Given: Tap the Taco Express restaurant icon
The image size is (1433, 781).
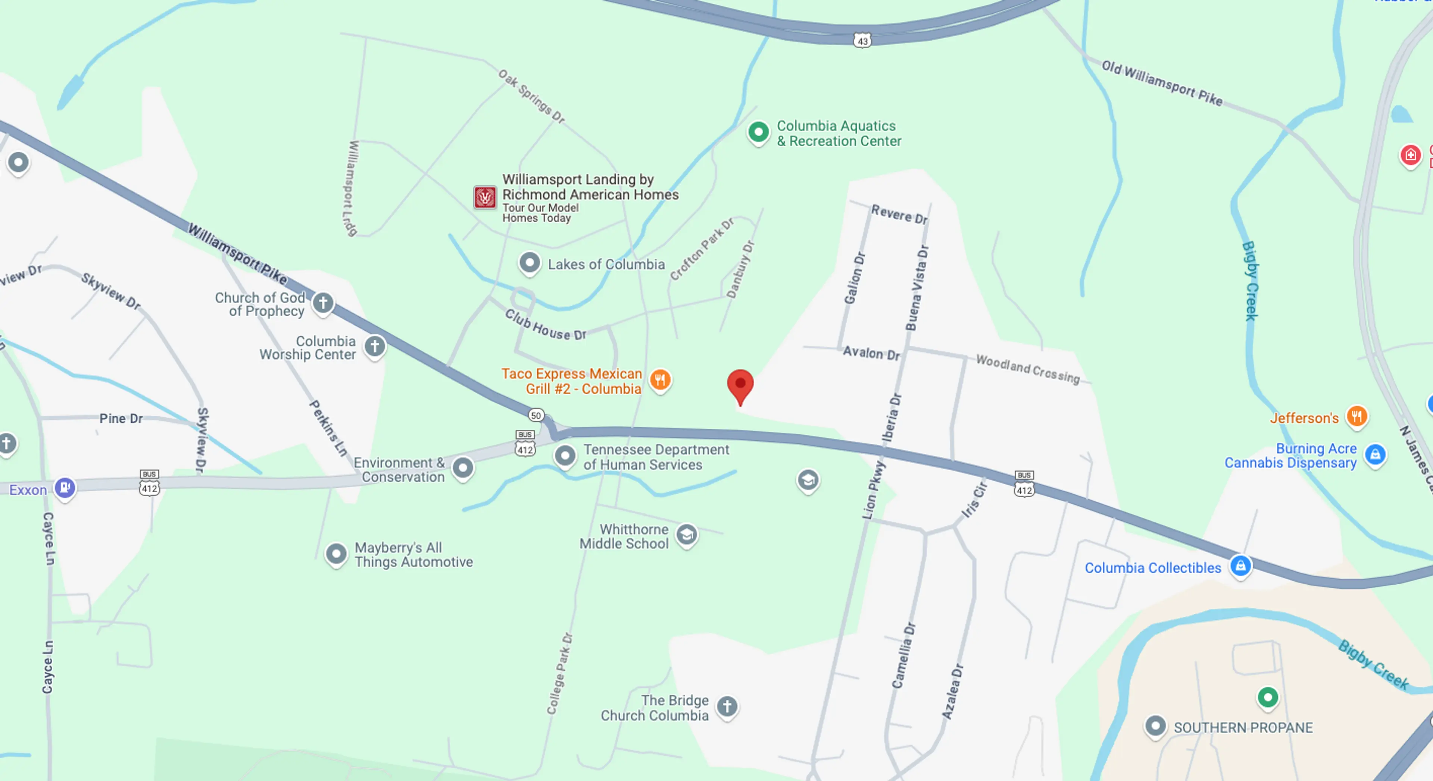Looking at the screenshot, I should pyautogui.click(x=660, y=380).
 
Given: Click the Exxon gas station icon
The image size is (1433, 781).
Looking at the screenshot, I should pyautogui.click(x=65, y=488).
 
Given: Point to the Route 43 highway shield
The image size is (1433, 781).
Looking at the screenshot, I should pyautogui.click(x=862, y=41).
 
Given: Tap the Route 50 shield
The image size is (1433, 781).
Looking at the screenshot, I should pyautogui.click(x=536, y=415).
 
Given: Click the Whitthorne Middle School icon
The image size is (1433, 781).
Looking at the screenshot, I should pyautogui.click(x=687, y=535).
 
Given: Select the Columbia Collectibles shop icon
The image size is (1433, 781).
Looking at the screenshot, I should pyautogui.click(x=1240, y=566).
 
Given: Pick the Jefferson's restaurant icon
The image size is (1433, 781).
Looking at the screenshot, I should pyautogui.click(x=1357, y=416).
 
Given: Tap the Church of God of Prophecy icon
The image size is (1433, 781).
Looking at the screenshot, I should pyautogui.click(x=323, y=303).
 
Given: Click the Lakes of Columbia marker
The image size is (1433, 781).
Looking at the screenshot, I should pyautogui.click(x=530, y=262).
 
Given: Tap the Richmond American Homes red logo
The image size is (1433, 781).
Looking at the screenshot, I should pyautogui.click(x=484, y=197).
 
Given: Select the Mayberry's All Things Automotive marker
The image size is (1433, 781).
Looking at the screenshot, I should pyautogui.click(x=336, y=554).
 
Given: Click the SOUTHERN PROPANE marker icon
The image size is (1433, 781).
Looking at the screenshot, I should pyautogui.click(x=1155, y=726).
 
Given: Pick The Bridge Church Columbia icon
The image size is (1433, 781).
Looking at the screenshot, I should pyautogui.click(x=727, y=706).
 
